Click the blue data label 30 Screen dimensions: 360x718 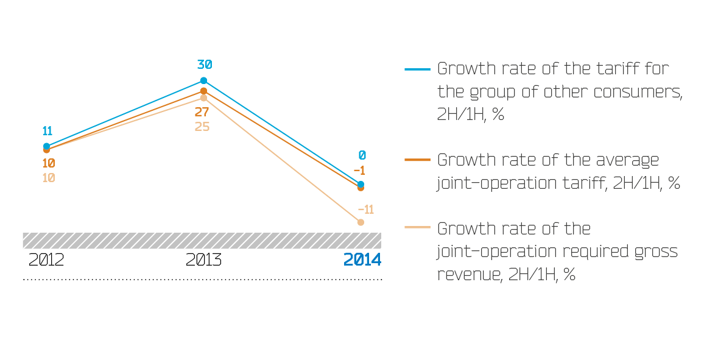coord(204,65)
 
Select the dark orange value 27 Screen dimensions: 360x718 coord(202,112)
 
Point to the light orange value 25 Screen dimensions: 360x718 coord(202,127)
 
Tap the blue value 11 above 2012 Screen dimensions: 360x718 coord(47,131)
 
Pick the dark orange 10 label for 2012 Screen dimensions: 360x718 coord(49,163)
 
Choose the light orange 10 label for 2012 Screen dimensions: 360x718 coord(49,178)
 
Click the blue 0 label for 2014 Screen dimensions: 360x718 coord(362,155)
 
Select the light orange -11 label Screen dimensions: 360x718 coord(365,210)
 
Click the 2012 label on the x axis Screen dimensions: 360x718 coord(46,260)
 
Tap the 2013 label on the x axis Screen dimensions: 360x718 coord(203,260)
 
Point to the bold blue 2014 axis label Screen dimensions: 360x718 coord(362,260)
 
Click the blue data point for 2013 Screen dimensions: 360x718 coord(203,80)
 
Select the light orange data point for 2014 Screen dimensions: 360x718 coord(361,222)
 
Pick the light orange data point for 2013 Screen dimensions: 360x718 coord(203,97)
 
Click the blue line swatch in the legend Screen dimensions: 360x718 coord(418,69)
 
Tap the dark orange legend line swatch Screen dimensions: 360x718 coord(418,160)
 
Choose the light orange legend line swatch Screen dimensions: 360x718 coord(418,228)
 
